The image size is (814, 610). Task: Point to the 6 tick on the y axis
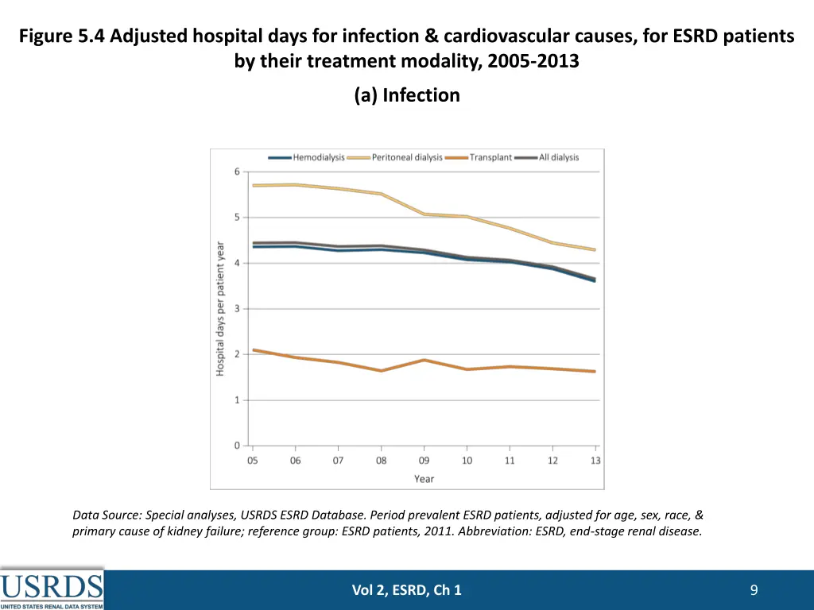pos(237,172)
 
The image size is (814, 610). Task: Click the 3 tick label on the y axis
pos(237,309)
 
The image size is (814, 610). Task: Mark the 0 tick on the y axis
pos(237,446)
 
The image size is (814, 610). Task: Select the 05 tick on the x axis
pos(253,461)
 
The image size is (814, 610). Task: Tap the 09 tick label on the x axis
pos(424,461)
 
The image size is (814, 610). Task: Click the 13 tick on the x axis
pos(595,461)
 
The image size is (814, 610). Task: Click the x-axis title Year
pos(424,479)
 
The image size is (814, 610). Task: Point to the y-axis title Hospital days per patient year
pos(220,309)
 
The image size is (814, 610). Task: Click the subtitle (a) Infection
pos(407,95)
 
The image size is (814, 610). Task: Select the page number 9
pos(754,589)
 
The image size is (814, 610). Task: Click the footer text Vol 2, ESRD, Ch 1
pos(407,589)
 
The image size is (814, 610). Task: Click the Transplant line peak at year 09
pos(424,360)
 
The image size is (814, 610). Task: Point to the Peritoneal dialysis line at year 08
pos(382,194)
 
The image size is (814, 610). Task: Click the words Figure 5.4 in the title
pos(63,37)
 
